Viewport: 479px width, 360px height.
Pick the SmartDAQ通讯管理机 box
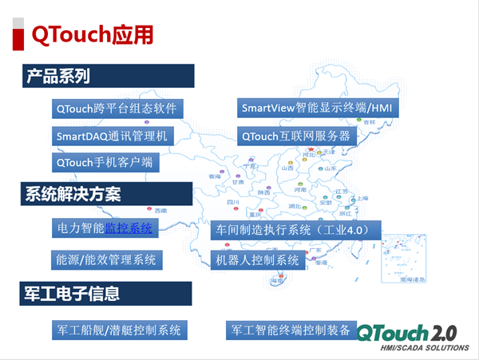112,136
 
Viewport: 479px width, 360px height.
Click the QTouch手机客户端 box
104,164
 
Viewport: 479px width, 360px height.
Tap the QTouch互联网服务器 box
296,136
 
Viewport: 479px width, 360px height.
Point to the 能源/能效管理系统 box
109,259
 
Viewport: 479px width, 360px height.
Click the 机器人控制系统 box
256,259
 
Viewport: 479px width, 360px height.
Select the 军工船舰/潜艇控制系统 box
119,329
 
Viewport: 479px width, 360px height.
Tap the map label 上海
362,198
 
